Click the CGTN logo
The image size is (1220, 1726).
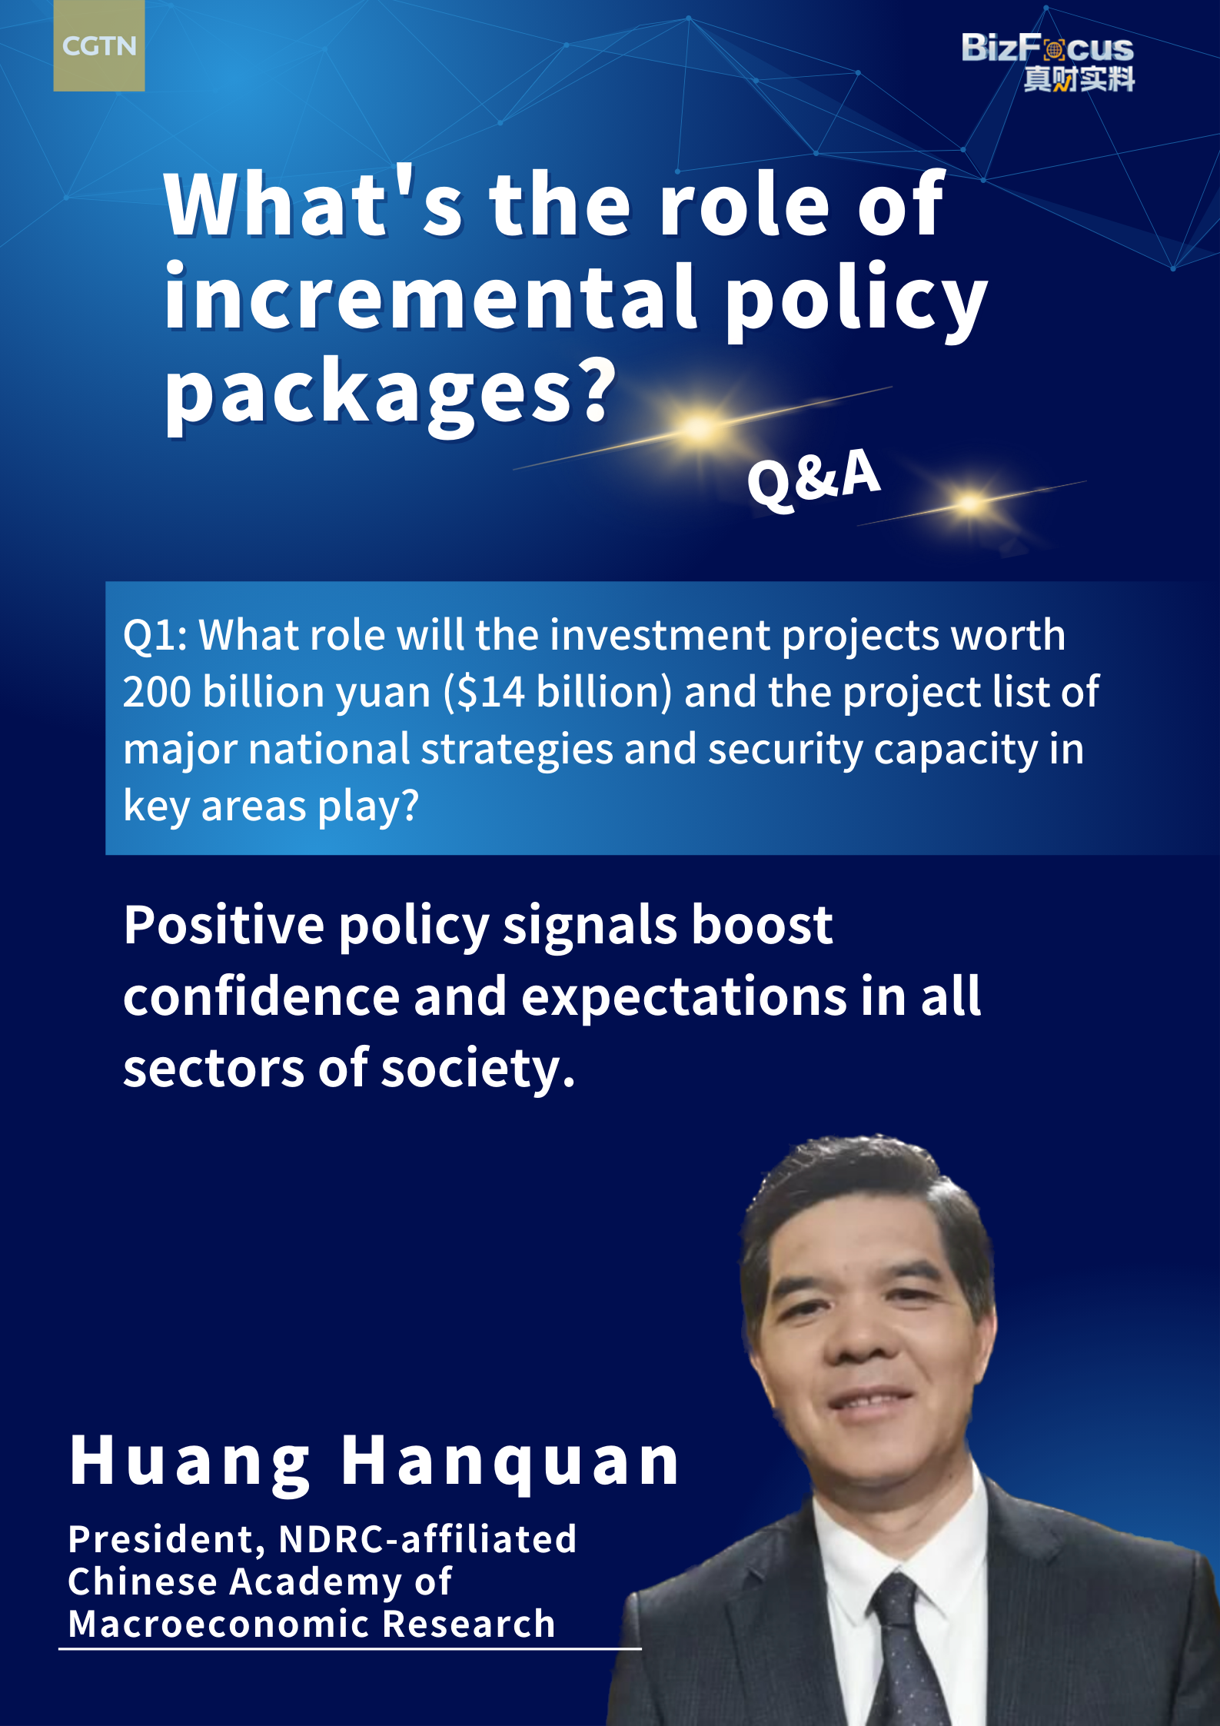(x=98, y=46)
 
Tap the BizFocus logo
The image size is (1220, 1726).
(x=1047, y=62)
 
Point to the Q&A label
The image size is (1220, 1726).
(x=813, y=477)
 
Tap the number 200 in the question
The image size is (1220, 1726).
(x=157, y=692)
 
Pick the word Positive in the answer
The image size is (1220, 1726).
(x=224, y=925)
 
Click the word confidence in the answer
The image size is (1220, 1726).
(x=261, y=996)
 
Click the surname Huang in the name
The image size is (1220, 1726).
(x=190, y=1462)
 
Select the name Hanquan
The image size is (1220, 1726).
(x=510, y=1461)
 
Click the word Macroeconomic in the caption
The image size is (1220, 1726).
(x=219, y=1625)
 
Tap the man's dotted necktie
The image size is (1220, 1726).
(x=907, y=1653)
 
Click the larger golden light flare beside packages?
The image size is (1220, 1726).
(x=700, y=427)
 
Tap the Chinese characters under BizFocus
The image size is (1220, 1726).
(x=1079, y=79)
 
